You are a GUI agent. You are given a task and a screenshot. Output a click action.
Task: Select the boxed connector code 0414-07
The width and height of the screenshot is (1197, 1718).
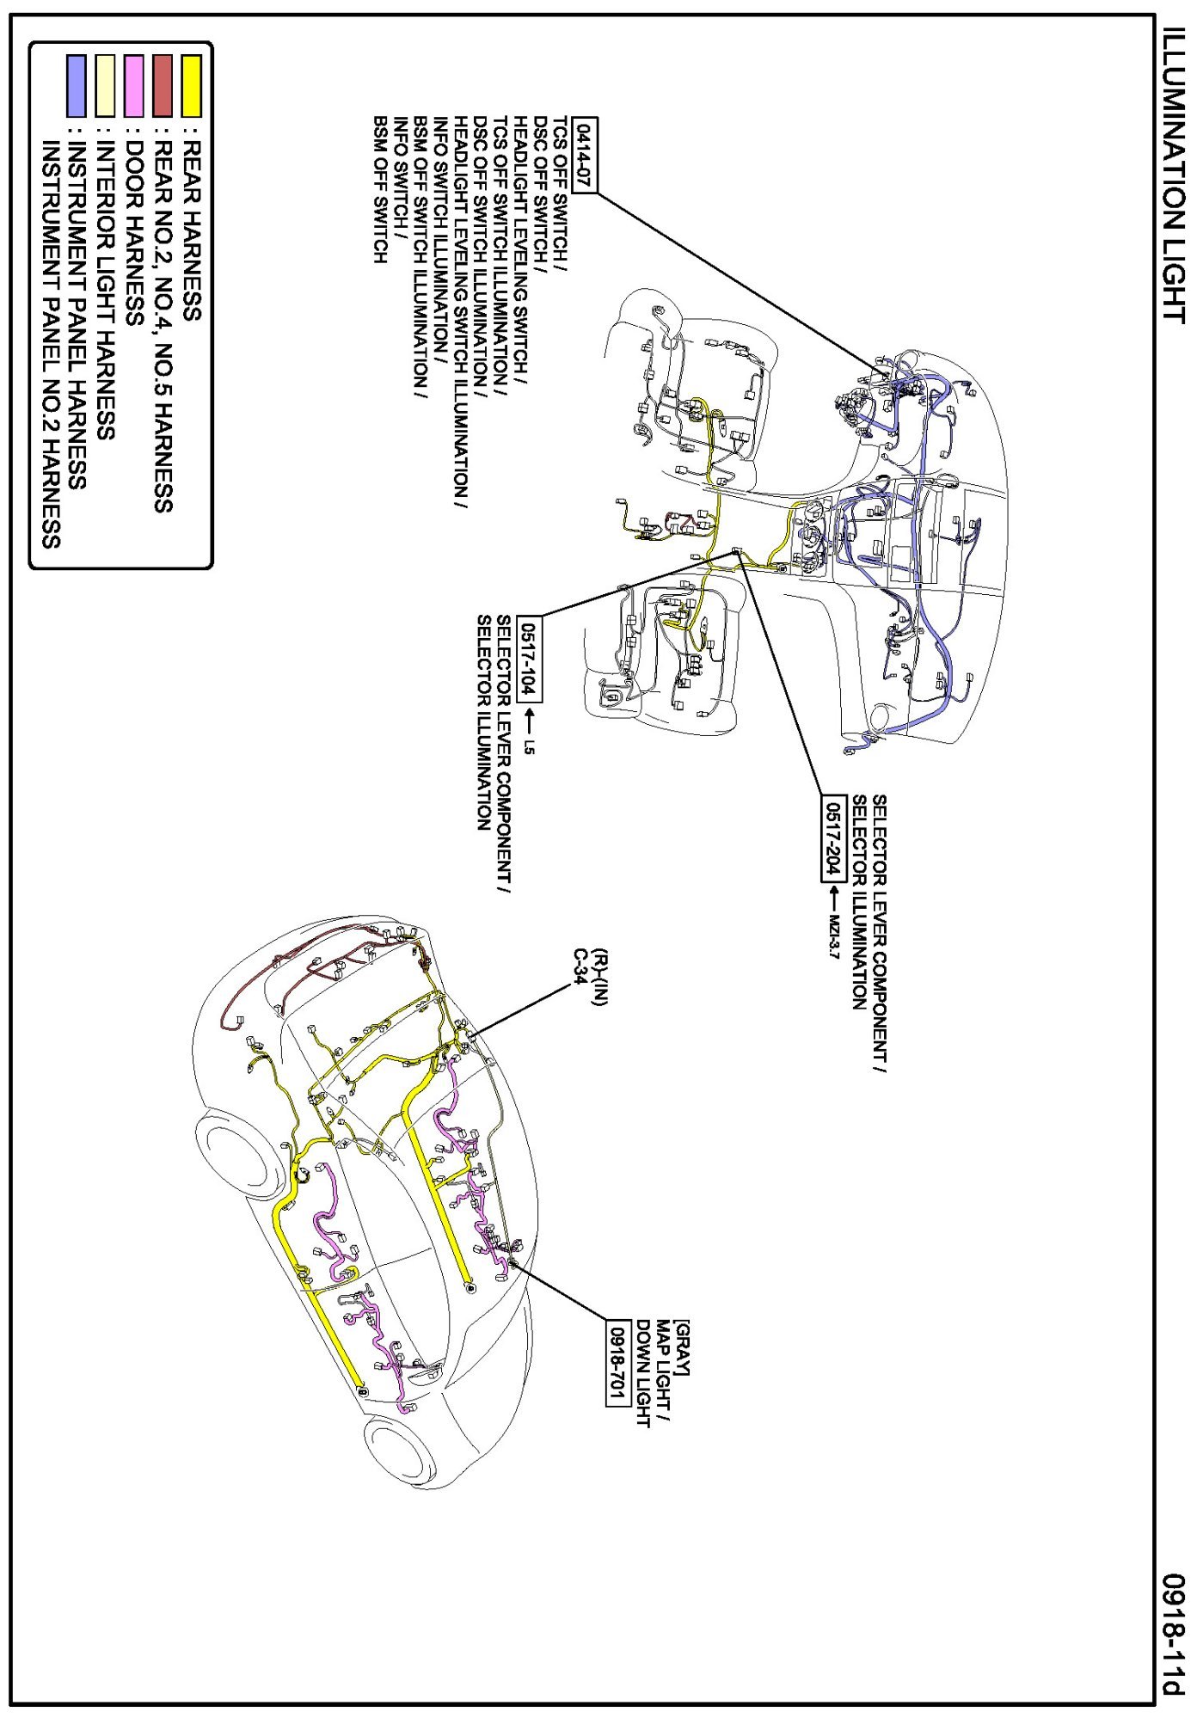click(x=585, y=155)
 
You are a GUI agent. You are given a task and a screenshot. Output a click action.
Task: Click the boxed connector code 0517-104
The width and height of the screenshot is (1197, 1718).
click(x=529, y=660)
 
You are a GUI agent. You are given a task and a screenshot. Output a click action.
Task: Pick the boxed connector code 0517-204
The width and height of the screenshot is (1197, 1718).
click(x=832, y=838)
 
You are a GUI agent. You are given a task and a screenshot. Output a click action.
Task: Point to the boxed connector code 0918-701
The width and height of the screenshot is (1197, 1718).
click(x=617, y=1361)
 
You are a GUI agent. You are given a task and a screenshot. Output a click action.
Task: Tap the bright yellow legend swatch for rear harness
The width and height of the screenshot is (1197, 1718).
click(x=191, y=86)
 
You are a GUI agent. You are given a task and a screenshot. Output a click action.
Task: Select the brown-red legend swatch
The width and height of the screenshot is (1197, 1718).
click(x=163, y=86)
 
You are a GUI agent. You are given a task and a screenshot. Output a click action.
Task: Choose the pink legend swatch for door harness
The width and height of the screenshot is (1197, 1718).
click(x=133, y=86)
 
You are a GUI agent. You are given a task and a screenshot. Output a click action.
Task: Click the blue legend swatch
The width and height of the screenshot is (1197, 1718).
click(x=77, y=86)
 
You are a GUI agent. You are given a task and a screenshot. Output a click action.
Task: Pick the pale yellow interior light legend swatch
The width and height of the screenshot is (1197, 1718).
click(x=105, y=86)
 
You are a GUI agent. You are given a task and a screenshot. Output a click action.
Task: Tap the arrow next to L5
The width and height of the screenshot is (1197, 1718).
click(x=529, y=720)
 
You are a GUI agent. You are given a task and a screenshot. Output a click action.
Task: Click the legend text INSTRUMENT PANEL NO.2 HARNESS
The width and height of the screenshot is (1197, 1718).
click(x=51, y=345)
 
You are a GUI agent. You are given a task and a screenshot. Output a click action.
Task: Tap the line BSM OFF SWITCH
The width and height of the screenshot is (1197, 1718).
click(x=380, y=189)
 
